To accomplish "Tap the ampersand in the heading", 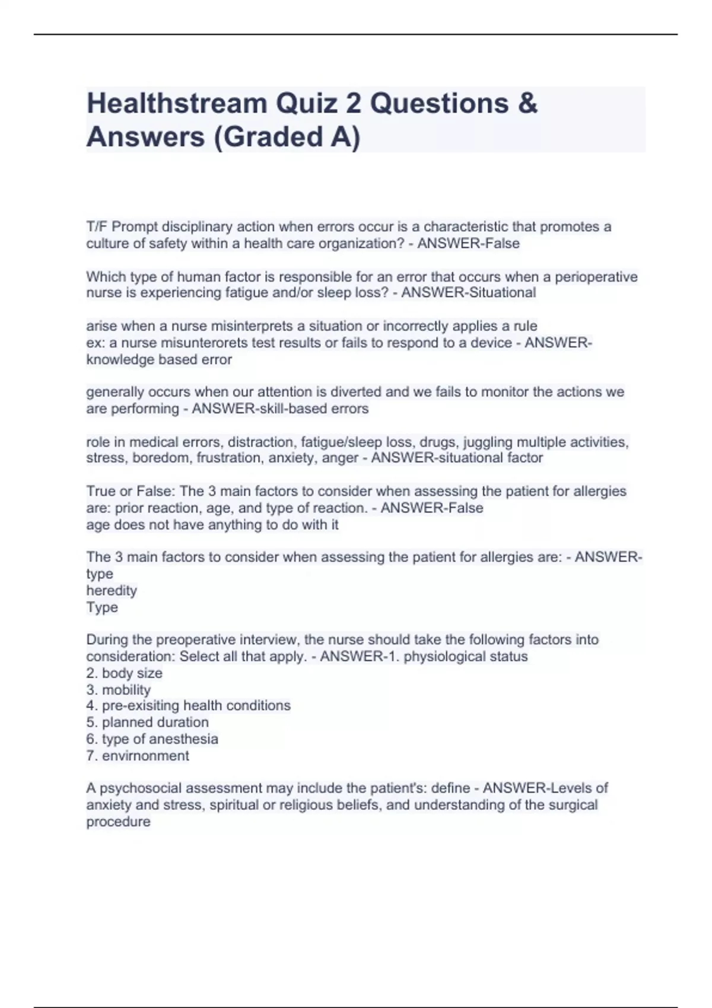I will click(x=527, y=104).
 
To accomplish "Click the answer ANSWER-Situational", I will click(x=468, y=293).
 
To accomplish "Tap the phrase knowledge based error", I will click(x=159, y=359).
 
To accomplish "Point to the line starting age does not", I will click(x=212, y=525).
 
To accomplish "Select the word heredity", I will click(x=112, y=591).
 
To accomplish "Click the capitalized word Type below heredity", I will click(x=102, y=607).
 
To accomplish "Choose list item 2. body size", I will click(x=124, y=673).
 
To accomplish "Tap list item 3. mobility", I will click(x=119, y=690).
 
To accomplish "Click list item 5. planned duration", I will click(x=147, y=722).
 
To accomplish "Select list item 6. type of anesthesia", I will click(x=152, y=739).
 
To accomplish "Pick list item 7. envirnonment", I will click(x=138, y=755).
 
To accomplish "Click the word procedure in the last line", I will click(x=118, y=822).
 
